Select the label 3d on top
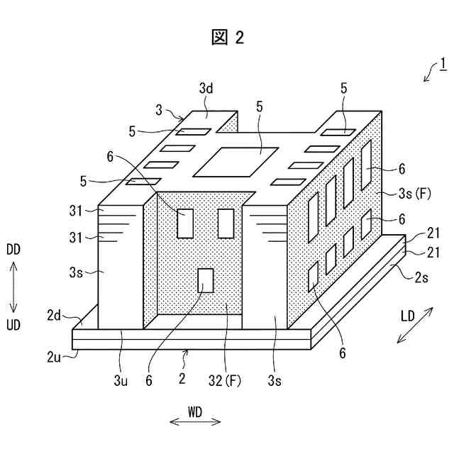click(x=206, y=90)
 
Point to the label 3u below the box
click(x=121, y=380)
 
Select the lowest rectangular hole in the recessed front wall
click(x=206, y=280)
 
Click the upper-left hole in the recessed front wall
click(x=186, y=223)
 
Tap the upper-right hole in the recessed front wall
click(x=226, y=223)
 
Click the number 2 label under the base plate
click(x=182, y=380)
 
